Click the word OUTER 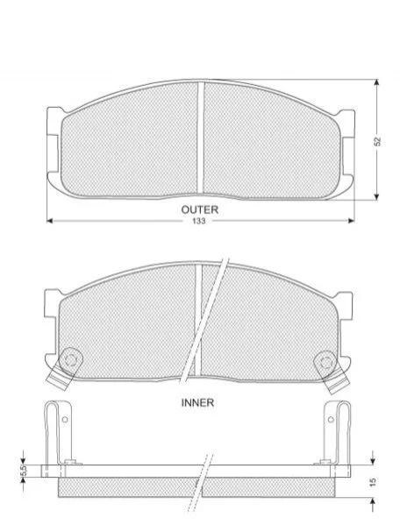(x=200, y=210)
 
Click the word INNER (x=197, y=402)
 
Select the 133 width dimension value (x=199, y=222)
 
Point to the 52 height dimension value (x=377, y=141)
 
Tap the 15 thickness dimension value (x=374, y=482)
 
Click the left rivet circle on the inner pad (x=70, y=360)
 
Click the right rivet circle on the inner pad (x=325, y=362)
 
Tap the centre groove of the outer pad (x=200, y=138)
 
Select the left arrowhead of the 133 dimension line (x=50, y=221)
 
